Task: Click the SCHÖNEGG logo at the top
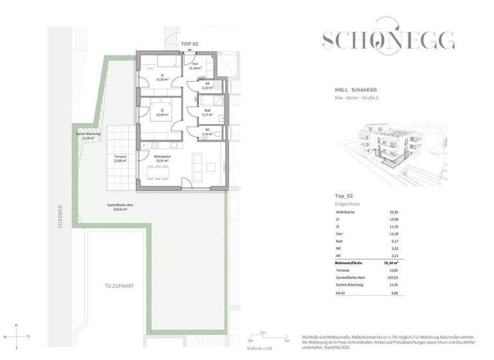[x=388, y=40]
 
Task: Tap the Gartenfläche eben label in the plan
[x=117, y=208]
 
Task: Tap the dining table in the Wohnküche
[x=158, y=170]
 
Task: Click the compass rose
[x=18, y=335]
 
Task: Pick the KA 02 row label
[x=341, y=293]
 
